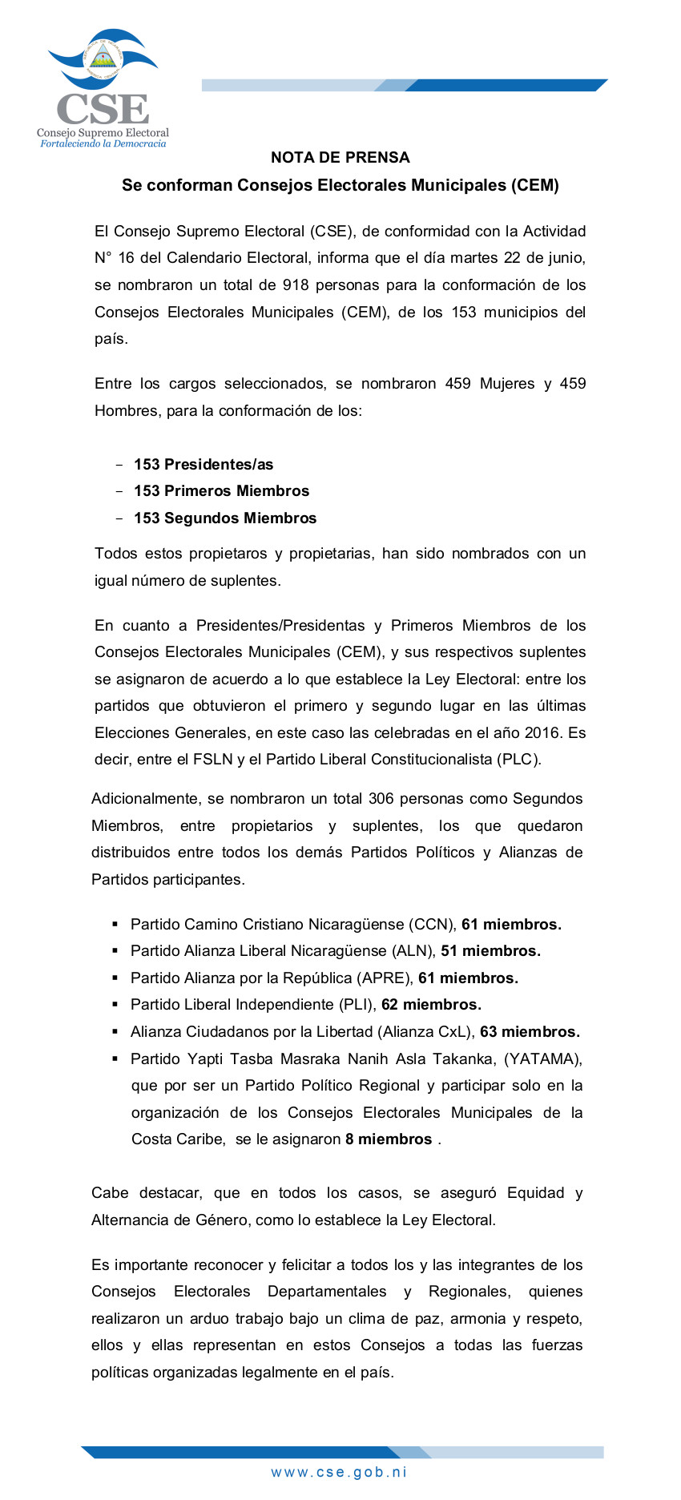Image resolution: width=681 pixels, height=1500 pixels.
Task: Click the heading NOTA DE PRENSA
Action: (340, 158)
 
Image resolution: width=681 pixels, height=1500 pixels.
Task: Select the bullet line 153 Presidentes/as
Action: (203, 465)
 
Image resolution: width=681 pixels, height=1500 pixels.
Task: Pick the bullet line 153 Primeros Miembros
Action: (221, 491)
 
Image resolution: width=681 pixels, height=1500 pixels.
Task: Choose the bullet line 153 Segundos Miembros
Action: (225, 518)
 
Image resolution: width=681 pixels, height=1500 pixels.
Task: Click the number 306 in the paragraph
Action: (381, 799)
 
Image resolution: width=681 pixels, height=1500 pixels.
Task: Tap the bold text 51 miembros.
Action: (490, 951)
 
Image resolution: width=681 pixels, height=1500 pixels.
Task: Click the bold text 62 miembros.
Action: (431, 1005)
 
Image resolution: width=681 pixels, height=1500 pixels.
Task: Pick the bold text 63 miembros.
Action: (530, 1032)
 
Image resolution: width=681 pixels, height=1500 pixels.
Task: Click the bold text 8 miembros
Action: (389, 1139)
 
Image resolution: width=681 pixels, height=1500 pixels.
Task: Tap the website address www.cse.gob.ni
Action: (340, 1472)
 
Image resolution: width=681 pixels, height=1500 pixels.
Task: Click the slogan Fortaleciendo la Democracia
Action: (103, 144)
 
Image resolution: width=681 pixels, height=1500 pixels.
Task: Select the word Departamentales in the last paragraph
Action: (327, 1292)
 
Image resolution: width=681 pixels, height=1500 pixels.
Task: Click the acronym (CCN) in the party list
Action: (433, 925)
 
